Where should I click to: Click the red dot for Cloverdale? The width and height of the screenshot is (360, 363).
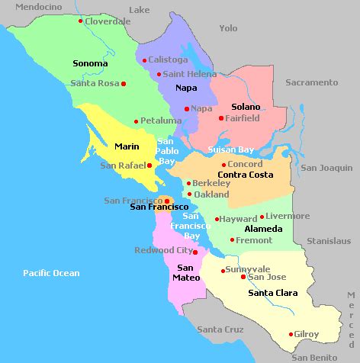[x=80, y=21]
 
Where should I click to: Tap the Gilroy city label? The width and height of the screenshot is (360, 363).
[x=307, y=334]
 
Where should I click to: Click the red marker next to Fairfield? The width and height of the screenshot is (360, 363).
[x=221, y=118]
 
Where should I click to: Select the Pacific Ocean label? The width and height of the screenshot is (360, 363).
[x=51, y=272]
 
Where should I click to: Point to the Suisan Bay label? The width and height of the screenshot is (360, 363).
[x=230, y=149]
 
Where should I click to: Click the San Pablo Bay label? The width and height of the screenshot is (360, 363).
[x=167, y=151]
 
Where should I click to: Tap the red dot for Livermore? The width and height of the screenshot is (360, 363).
[x=262, y=217]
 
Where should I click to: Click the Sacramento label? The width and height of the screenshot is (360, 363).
[x=311, y=82]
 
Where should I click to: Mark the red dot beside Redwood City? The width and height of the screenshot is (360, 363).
[x=195, y=252]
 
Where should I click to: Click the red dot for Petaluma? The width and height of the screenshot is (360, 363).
[x=136, y=121]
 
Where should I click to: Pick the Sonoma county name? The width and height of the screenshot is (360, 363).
[x=89, y=63]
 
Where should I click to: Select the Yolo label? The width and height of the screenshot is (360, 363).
[x=228, y=28]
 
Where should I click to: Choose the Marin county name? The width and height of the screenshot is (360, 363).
[x=126, y=146]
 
